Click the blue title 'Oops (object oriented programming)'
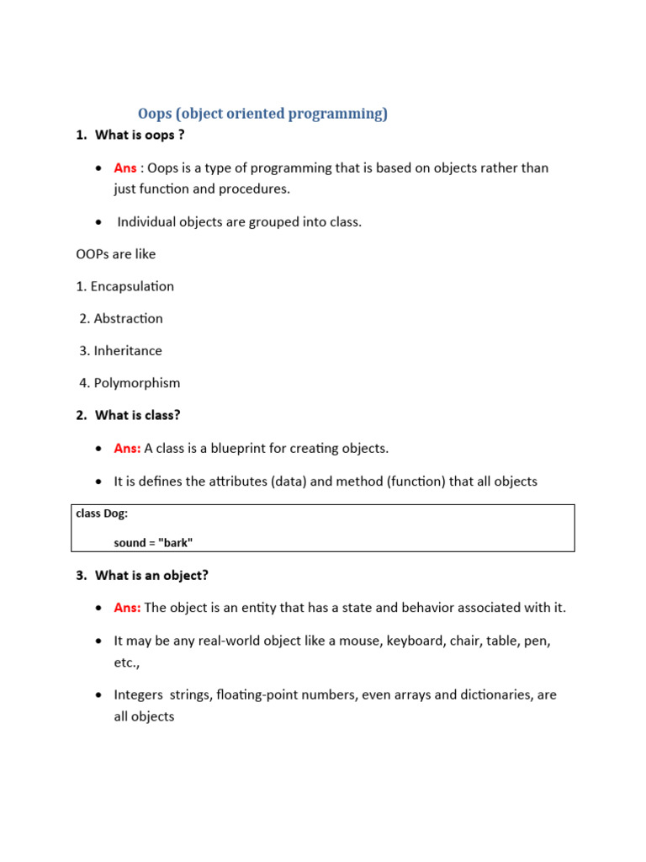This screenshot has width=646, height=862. point(262,114)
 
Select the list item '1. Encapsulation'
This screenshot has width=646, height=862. point(124,286)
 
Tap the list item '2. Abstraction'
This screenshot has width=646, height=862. point(121,318)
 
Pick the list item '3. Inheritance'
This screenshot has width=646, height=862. point(120,350)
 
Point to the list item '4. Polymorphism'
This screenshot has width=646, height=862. point(130,383)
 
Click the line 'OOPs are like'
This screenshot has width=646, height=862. point(115,253)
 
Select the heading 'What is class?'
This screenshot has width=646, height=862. point(138,415)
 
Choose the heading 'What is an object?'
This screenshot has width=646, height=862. point(151,576)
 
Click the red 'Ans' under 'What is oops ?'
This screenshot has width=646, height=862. point(125,168)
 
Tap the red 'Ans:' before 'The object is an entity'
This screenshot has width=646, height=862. point(128,608)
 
